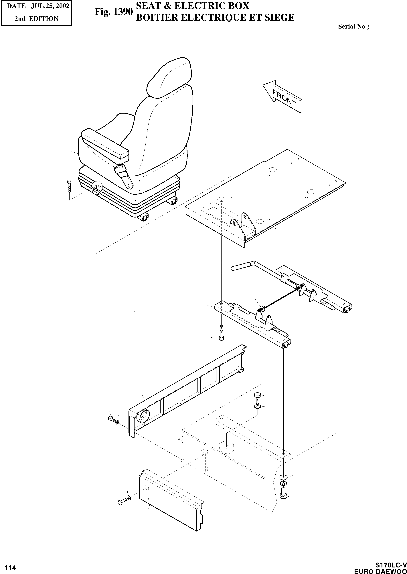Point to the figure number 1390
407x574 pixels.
pos(114,12)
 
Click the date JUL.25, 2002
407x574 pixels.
pos(50,6)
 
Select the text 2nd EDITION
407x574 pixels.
pos(36,19)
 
